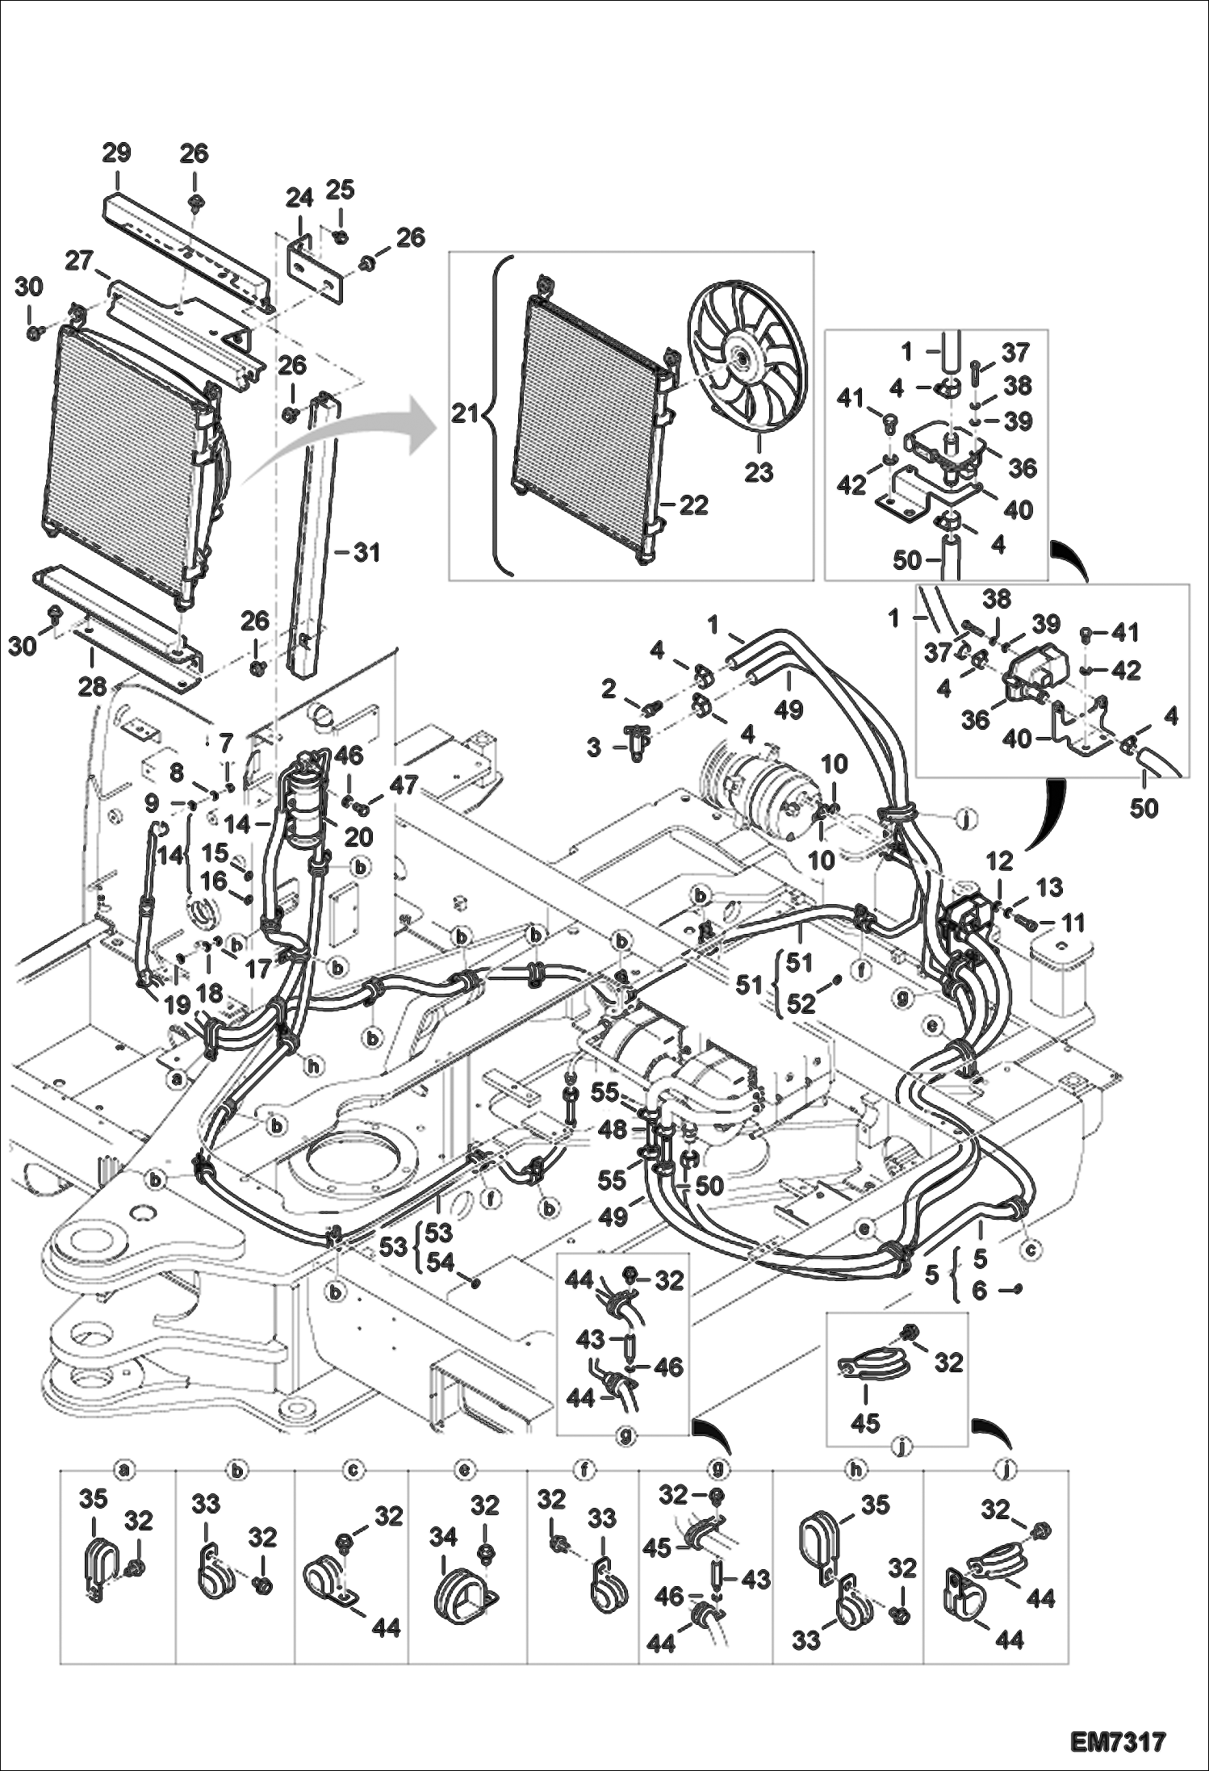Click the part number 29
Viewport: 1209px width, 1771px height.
(x=117, y=153)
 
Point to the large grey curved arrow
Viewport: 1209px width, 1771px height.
(x=339, y=452)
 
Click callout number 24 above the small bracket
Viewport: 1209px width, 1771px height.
(x=299, y=198)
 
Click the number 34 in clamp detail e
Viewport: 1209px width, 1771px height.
(x=442, y=1539)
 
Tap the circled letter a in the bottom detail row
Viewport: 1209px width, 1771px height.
(x=123, y=1471)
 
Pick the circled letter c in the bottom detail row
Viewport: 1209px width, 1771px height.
(x=352, y=1471)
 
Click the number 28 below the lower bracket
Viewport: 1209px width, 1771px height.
(x=93, y=686)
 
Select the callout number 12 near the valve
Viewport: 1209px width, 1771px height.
(x=998, y=860)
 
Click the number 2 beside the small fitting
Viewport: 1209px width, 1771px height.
(x=609, y=689)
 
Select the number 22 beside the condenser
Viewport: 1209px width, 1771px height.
(x=692, y=505)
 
